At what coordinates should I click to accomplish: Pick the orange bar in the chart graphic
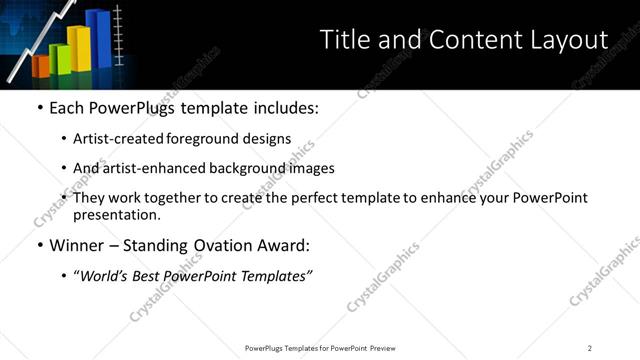(x=41, y=67)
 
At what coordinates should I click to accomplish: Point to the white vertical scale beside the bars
(x=119, y=36)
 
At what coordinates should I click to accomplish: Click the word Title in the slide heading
(x=343, y=40)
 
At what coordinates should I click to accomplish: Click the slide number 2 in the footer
(x=590, y=348)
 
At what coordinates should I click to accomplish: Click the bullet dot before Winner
(x=39, y=245)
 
